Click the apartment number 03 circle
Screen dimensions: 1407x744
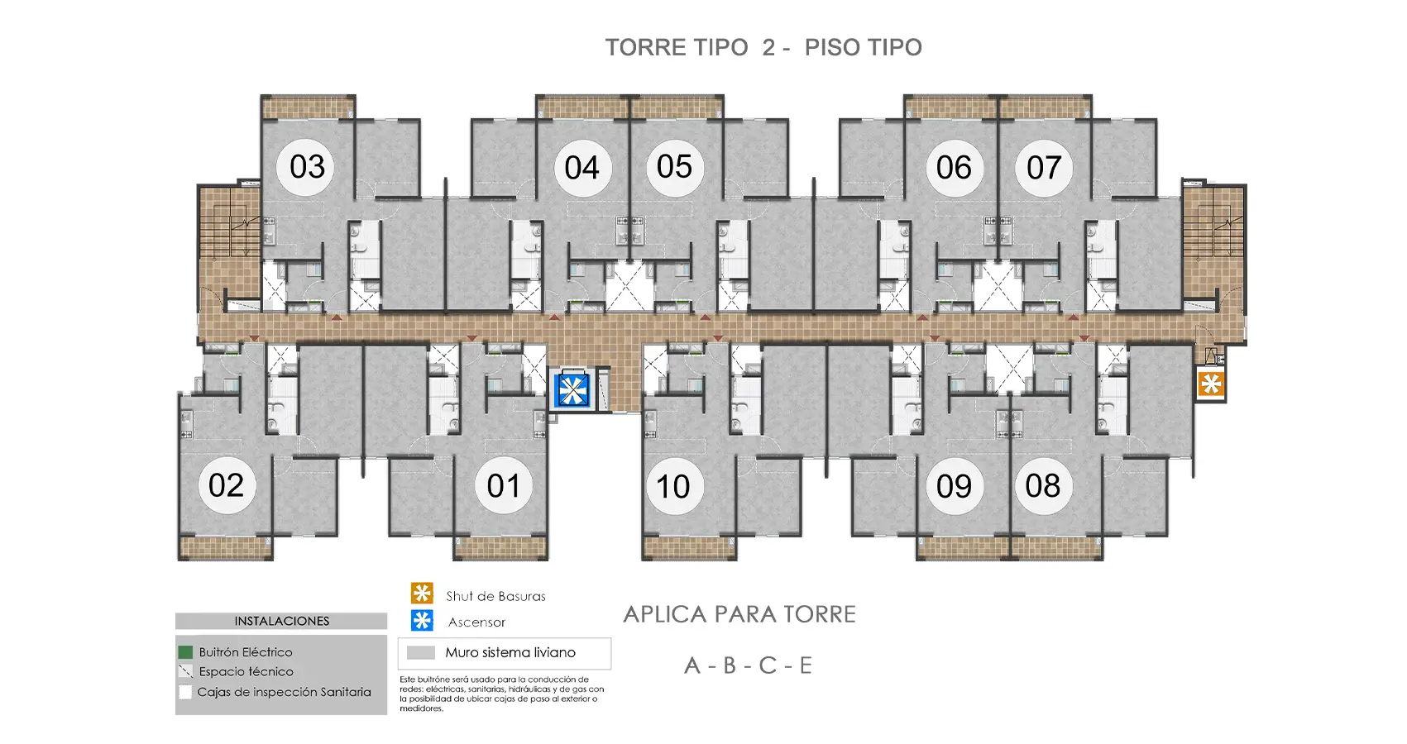click(x=307, y=167)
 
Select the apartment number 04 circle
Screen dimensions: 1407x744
click(x=582, y=168)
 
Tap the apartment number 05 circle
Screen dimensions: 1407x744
click(x=675, y=168)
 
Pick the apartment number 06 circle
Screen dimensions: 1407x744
click(x=954, y=168)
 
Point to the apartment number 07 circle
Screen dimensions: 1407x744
click(x=1044, y=168)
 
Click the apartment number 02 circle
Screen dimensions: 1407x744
click(x=226, y=485)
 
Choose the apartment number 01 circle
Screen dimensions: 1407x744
click(x=504, y=485)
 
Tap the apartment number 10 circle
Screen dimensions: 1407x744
click(x=673, y=486)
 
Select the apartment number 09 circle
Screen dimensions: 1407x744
click(x=954, y=486)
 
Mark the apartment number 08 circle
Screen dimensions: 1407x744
click(x=1043, y=486)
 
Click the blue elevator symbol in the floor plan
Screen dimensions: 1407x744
click(x=572, y=390)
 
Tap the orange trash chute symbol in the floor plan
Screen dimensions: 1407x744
click(x=1210, y=384)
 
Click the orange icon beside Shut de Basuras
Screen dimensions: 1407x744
click(x=422, y=594)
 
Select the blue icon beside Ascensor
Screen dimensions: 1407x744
click(x=422, y=620)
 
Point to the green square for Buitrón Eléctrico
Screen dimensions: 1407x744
click(x=185, y=652)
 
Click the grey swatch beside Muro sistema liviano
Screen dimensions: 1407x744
click(x=421, y=653)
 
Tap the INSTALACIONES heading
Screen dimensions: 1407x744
click(x=282, y=621)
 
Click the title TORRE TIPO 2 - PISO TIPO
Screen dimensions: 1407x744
click(x=763, y=47)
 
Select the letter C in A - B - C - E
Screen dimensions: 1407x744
click(x=768, y=665)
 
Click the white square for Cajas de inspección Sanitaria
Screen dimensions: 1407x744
click(x=185, y=692)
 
